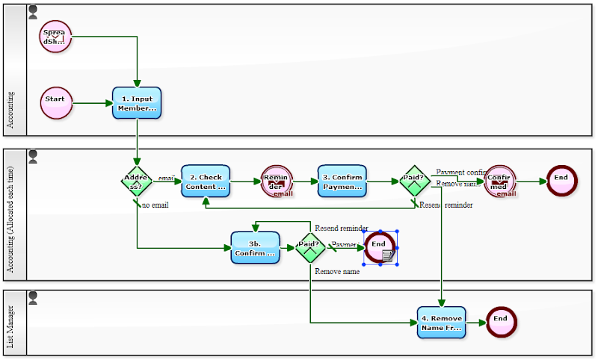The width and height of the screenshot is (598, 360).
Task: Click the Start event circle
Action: coord(56,102)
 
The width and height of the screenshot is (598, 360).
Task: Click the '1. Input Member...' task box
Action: coord(137,103)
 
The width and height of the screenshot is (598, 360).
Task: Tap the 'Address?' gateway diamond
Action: coord(137,181)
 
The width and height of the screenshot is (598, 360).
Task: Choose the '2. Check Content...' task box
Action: coord(206,181)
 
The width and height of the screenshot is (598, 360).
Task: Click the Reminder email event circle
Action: coord(277,181)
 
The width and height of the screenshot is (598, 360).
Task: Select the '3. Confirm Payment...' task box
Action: coord(342,181)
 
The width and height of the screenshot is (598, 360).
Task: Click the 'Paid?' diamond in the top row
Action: coord(414,181)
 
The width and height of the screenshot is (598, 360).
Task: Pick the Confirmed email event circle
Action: coord(499,181)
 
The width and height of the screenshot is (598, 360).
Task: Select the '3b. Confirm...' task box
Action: coord(255,247)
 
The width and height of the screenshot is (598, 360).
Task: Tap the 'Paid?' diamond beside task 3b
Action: coord(309,246)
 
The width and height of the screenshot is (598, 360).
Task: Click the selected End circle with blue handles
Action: coord(379,246)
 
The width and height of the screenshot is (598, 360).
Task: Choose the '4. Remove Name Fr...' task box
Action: coord(441,322)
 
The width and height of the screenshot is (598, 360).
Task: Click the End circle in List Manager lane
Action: coord(500,321)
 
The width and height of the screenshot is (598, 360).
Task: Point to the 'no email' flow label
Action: coord(155,205)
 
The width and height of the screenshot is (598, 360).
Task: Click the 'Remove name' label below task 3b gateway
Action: coord(337,272)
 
